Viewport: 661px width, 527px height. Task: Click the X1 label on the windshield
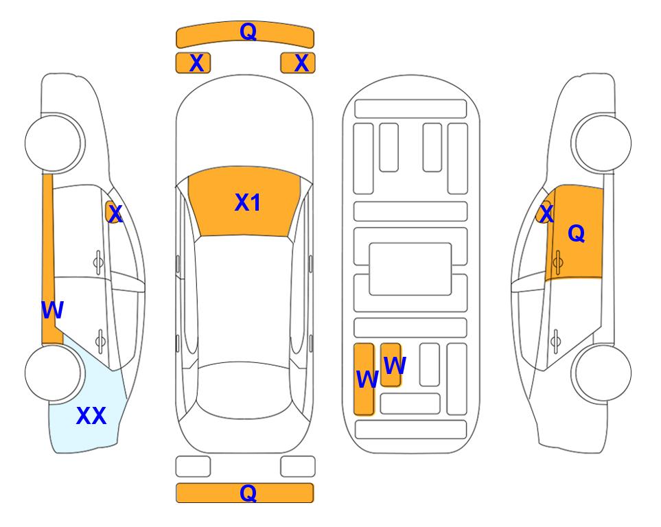coord(248,202)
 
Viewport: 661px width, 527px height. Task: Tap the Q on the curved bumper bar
coord(248,31)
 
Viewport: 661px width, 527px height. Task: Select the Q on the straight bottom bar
coord(248,493)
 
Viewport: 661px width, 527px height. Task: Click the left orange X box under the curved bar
coord(193,63)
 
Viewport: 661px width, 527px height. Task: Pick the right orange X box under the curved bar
coord(298,63)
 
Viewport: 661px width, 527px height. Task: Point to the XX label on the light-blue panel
coord(91,416)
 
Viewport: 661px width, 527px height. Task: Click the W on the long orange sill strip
coord(52,310)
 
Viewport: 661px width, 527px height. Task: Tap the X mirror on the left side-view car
coord(113,212)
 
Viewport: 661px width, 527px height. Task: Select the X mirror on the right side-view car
coord(545,212)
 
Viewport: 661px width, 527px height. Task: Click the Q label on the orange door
coord(577,233)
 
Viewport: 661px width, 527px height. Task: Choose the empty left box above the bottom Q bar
coord(193,467)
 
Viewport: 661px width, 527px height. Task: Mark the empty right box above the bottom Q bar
coord(298,467)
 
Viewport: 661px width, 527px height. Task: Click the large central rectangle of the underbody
coord(410,269)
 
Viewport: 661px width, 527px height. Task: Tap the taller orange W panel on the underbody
coord(364,379)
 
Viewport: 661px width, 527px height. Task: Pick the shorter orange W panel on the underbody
coord(391,364)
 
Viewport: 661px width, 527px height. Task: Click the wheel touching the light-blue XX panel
coord(54,373)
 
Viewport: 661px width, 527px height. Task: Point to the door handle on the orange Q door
coord(558,262)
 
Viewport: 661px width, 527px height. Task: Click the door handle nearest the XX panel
coord(100,340)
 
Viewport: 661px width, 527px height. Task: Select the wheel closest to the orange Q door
coord(602,143)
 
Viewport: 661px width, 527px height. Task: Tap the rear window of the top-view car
coord(244,390)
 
